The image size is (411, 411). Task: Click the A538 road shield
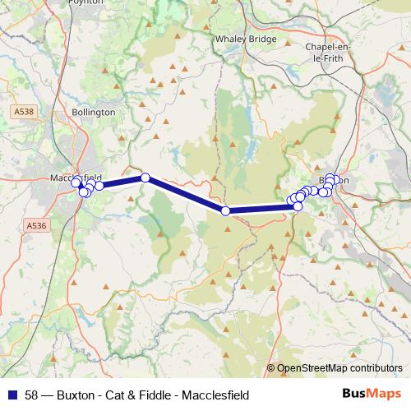[24, 110]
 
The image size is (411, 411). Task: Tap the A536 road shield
[35, 224]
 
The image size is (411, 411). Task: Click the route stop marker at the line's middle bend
[226, 211]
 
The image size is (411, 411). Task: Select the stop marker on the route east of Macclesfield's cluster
[145, 178]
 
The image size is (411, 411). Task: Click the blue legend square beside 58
[12, 394]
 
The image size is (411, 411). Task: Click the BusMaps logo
[375, 394]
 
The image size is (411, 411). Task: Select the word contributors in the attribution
[372, 368]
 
